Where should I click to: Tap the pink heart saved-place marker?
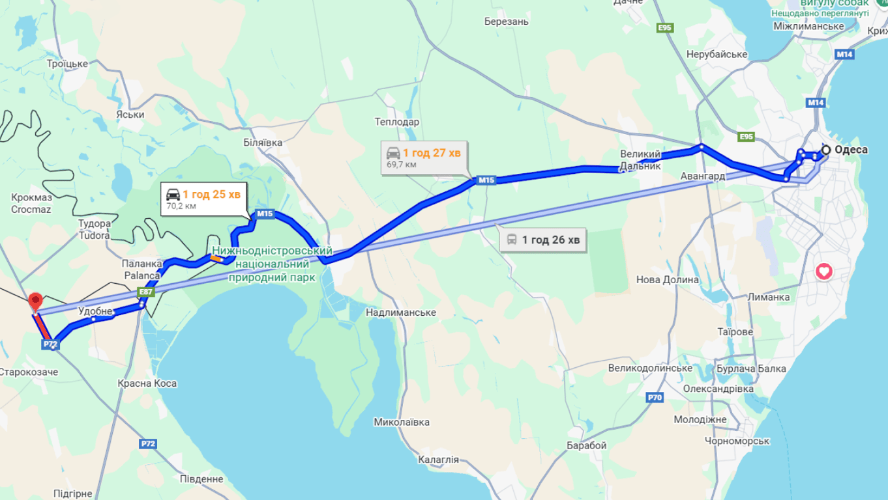pyautogui.click(x=824, y=271)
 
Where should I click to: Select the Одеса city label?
pyautogui.click(x=851, y=150)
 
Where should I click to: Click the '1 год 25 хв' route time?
pyautogui.click(x=211, y=194)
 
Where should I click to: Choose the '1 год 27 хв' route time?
pyautogui.click(x=432, y=153)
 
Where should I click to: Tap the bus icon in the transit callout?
pyautogui.click(x=512, y=240)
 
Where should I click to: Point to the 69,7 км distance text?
pyautogui.click(x=401, y=165)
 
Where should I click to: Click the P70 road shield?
pyautogui.click(x=655, y=397)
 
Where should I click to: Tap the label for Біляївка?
pyautogui.click(x=263, y=142)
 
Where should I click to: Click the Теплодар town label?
pyautogui.click(x=397, y=122)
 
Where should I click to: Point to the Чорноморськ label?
pyautogui.click(x=737, y=441)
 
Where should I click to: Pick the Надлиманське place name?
pyautogui.click(x=401, y=312)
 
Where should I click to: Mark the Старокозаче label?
pyautogui.click(x=29, y=372)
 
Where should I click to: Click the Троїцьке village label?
pyautogui.click(x=67, y=63)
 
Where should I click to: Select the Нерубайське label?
pyautogui.click(x=717, y=54)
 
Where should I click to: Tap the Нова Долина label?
pyautogui.click(x=668, y=280)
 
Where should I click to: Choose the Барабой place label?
pyautogui.click(x=587, y=445)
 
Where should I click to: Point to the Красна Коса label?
pyautogui.click(x=147, y=383)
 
